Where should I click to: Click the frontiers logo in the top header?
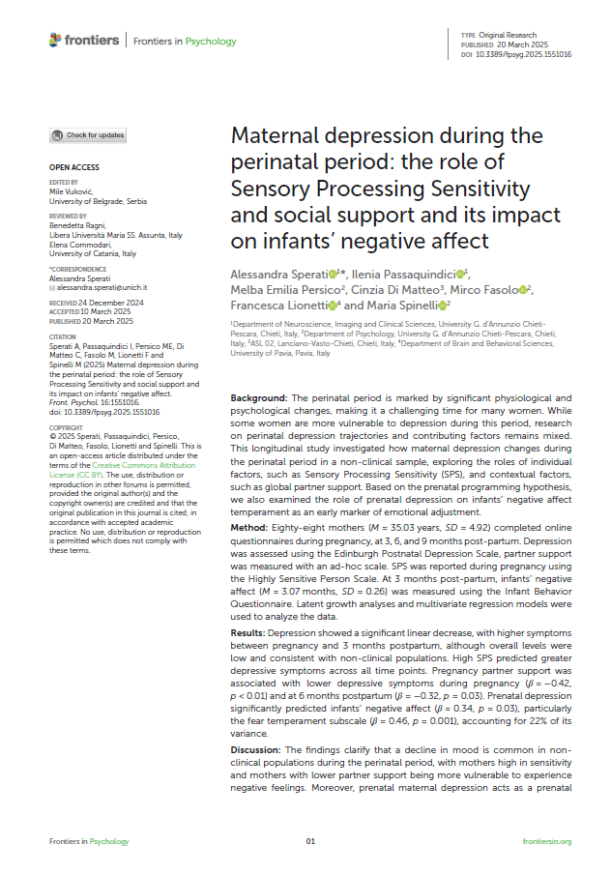coord(84,40)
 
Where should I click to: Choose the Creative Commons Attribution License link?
coord(100,471)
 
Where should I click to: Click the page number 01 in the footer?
coord(310,842)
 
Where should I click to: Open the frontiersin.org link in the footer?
coord(546,842)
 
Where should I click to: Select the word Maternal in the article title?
coord(276,135)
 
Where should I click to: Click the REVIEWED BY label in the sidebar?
coord(68,217)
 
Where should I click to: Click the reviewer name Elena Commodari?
coord(81,246)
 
